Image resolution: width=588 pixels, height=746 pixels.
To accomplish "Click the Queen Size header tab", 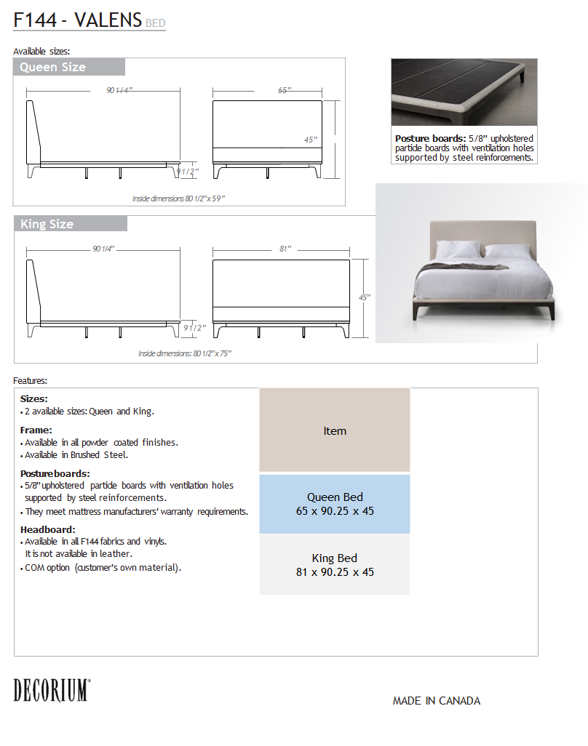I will pos(68,68).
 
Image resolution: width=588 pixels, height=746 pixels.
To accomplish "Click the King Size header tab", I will pos(70,224).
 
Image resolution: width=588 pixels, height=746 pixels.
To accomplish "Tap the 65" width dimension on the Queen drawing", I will pos(284,91).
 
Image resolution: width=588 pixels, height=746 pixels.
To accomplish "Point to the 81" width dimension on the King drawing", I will pos(285,249).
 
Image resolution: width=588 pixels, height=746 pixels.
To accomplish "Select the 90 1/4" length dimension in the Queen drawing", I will pos(120,91).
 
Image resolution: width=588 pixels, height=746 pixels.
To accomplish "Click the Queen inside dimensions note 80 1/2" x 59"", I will pos(183,198).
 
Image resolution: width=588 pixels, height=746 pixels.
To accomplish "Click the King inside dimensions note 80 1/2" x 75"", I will pos(185,353).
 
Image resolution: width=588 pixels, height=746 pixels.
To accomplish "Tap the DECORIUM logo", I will pos(52,690).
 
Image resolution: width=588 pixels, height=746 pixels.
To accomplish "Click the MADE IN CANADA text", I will pos(437,701).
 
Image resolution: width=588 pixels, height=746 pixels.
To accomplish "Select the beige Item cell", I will pos(335,430).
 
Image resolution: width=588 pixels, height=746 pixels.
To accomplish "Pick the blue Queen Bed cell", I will pos(335,504).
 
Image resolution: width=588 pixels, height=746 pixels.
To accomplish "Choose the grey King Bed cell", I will pos(335,565).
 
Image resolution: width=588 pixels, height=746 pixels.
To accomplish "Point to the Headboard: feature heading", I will pos(48,529).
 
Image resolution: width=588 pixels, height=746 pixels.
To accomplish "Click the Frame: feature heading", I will pos(36,430).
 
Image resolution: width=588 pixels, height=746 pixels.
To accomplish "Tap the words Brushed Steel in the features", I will pos(108,455).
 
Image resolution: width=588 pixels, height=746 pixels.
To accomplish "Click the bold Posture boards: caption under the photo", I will pos(429,138).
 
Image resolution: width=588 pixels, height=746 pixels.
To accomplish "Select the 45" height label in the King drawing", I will pos(365,297).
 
